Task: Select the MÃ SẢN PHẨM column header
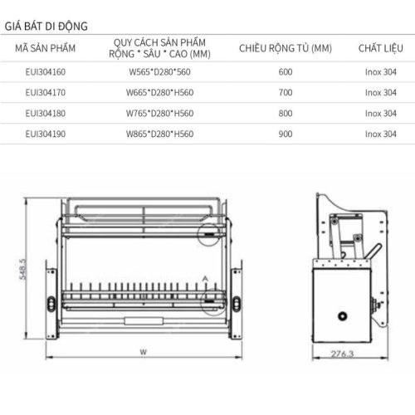(46, 49)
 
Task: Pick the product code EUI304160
(46, 72)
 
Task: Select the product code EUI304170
(46, 93)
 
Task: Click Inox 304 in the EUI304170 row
(379, 93)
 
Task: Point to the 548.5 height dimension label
(24, 270)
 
